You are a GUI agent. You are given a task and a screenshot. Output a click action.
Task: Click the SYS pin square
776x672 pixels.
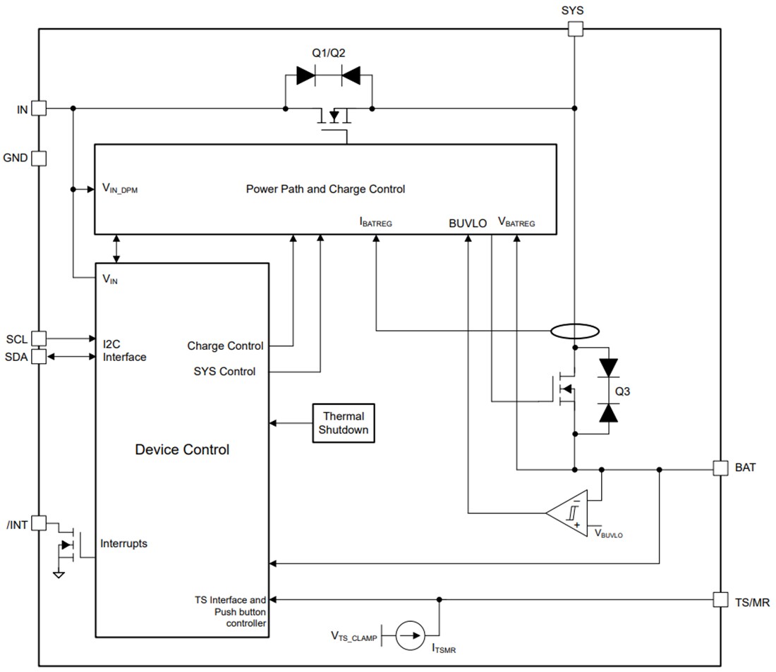point(575,29)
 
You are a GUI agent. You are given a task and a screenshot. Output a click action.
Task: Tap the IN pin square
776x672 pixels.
point(39,109)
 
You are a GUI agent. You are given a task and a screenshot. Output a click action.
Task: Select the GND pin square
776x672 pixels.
point(39,158)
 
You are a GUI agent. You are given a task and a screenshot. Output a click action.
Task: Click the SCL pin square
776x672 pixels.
point(39,339)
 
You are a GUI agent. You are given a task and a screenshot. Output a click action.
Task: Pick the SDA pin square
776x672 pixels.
point(39,357)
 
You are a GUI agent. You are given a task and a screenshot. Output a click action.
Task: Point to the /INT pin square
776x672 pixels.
point(39,523)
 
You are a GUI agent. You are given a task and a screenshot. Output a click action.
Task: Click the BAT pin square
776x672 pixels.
point(720,468)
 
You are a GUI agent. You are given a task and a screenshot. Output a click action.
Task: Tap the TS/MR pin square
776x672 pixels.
point(720,599)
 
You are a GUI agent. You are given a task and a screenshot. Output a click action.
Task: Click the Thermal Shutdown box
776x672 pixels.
point(344,423)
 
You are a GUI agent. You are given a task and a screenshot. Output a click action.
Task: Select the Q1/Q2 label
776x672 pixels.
point(329,53)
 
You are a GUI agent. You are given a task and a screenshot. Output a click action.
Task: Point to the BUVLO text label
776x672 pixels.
point(468,224)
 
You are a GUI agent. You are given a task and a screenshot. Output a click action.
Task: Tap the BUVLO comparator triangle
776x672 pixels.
point(570,513)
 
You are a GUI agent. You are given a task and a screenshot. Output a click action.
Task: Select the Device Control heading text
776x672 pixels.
point(182,449)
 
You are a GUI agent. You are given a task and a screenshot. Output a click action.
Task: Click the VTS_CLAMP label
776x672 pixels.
point(354,636)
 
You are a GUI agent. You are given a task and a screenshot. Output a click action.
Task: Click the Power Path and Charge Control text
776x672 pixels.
point(325,189)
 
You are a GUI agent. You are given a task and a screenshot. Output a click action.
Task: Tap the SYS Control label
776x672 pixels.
point(224,372)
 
